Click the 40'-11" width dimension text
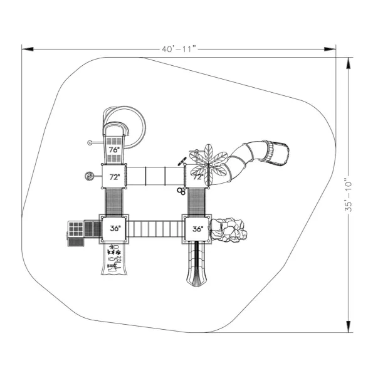[179, 50]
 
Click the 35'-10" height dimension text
[349, 196]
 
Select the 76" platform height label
[114, 150]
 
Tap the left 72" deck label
[115, 177]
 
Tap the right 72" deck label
[198, 177]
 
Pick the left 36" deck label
[115, 228]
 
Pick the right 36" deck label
[198, 229]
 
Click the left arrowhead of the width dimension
[28, 50]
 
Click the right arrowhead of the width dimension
[330, 50]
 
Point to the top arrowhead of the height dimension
[349, 63]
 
